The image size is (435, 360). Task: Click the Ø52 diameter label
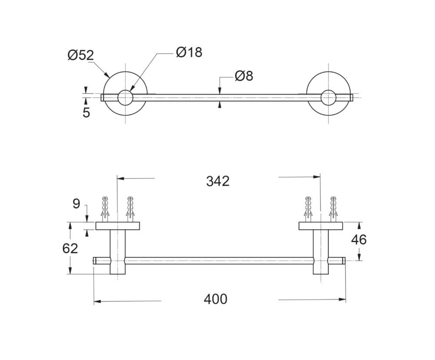(81, 56)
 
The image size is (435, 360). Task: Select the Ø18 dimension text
(189, 52)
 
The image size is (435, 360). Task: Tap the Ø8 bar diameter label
(244, 76)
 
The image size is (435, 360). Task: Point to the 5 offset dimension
(86, 113)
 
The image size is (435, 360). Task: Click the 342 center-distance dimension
(218, 181)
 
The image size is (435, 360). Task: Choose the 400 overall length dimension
(216, 299)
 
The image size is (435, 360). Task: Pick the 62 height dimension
(70, 248)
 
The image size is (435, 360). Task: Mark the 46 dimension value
(359, 240)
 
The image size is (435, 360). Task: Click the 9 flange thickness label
(76, 204)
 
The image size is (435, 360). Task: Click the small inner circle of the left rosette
(125, 98)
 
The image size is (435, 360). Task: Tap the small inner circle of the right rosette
(328, 98)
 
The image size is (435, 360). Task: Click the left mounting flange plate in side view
(117, 226)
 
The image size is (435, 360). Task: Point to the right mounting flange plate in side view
(321, 226)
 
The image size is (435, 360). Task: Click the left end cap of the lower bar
(94, 261)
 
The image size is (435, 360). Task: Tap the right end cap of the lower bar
(344, 261)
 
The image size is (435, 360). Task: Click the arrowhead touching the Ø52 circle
(107, 74)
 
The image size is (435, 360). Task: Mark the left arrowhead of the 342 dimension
(121, 178)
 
